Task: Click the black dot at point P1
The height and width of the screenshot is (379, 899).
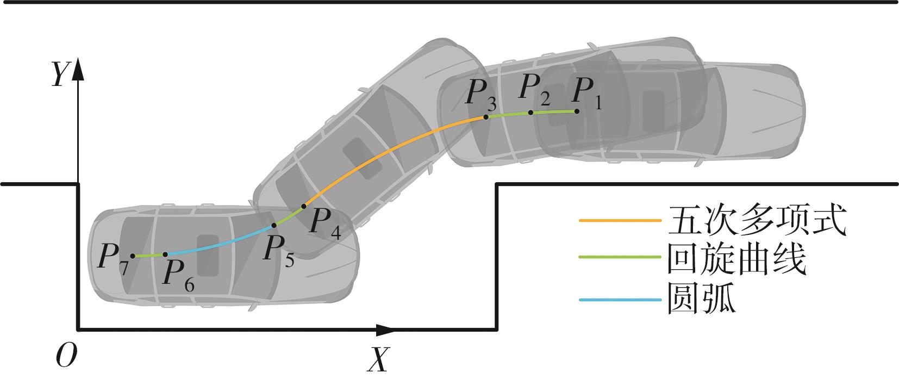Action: (x=577, y=111)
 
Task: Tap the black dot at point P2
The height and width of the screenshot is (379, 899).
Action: (x=530, y=113)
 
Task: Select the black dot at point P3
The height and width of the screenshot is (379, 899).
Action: (x=485, y=117)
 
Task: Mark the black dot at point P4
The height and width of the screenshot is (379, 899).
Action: (x=304, y=207)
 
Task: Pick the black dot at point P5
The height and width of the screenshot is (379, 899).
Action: (x=274, y=225)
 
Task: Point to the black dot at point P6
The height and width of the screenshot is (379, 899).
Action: (x=165, y=254)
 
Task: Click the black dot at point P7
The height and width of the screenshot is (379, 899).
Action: (x=133, y=256)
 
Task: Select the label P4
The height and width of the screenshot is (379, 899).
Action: (x=326, y=223)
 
